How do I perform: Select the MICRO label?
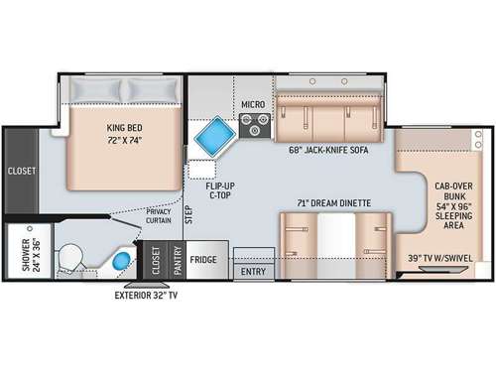coord(252,104)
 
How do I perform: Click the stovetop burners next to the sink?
coord(255,125)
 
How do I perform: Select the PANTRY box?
coord(177,259)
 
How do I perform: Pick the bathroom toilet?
coord(70,259)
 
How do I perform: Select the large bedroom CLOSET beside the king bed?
coord(22,171)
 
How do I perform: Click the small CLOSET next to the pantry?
coord(154,260)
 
